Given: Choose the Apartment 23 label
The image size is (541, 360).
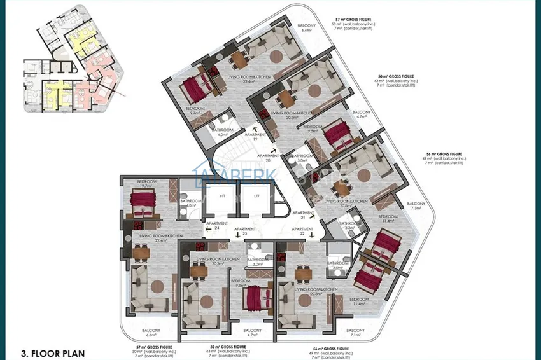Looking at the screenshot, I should (245, 231).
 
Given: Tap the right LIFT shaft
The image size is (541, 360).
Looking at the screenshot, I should (256, 196).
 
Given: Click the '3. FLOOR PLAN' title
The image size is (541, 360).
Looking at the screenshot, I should (52, 352).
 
